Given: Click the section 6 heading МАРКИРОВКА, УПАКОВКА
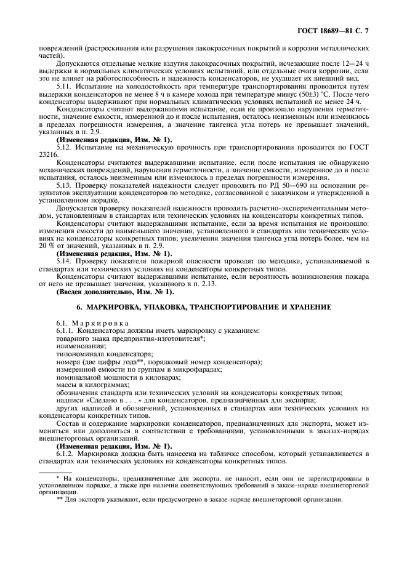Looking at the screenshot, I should [x=203, y=306].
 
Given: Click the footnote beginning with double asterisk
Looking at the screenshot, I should [x=197, y=500].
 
